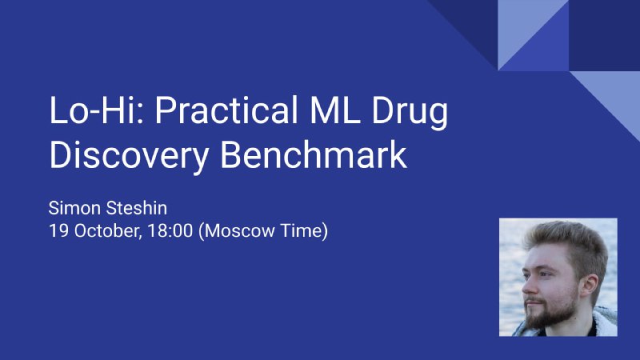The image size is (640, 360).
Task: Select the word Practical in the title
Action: pos(226,110)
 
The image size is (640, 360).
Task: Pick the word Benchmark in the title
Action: pos(314,154)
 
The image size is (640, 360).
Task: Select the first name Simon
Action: pos(74,208)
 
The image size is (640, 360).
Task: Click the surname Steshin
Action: pos(136,208)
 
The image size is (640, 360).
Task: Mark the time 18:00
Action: pos(170,230)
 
